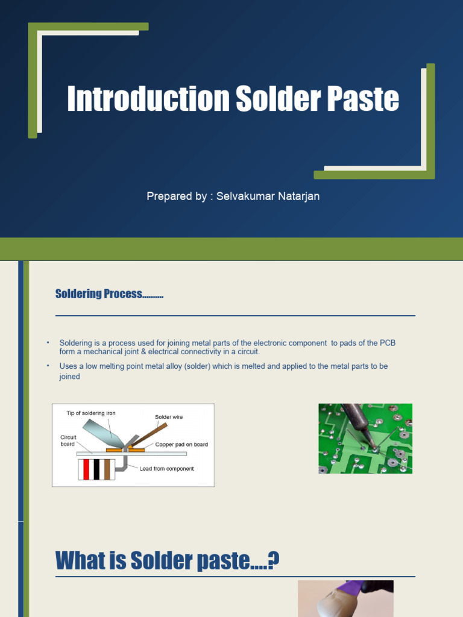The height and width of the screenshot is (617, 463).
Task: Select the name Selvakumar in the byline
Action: [x=243, y=196]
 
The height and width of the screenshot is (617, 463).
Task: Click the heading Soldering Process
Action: [x=109, y=294]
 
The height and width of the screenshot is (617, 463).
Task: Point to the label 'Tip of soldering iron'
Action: [x=91, y=413]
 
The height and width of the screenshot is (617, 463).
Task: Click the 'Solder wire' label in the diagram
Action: [x=168, y=416]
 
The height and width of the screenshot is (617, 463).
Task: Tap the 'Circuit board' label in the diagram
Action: [x=68, y=440]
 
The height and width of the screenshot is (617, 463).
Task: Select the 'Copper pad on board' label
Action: [x=181, y=444]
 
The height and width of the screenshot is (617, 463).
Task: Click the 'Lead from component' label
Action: [x=166, y=469]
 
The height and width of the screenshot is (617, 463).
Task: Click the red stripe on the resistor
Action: [x=86, y=469]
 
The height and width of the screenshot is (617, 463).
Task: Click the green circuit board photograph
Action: [x=365, y=438]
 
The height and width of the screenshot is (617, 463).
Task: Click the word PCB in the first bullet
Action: [x=387, y=343]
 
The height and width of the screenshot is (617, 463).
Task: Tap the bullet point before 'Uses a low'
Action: [x=48, y=366]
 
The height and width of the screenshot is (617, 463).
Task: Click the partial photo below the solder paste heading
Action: [x=345, y=598]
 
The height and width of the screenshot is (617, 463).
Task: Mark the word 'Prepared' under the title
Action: [x=166, y=196]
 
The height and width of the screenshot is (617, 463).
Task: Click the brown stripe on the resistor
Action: [x=107, y=469]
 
